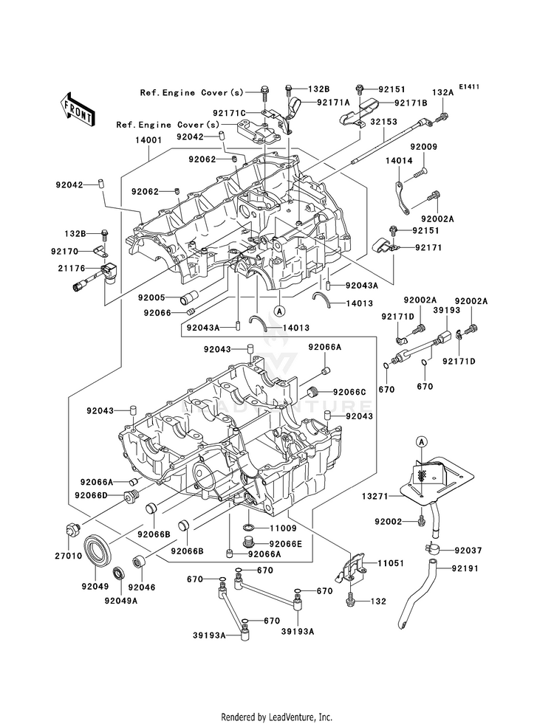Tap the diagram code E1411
[469, 87]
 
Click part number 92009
[425, 147]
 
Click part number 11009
[282, 529]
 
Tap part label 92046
[142, 587]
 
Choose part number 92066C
[349, 392]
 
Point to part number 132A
[442, 93]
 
